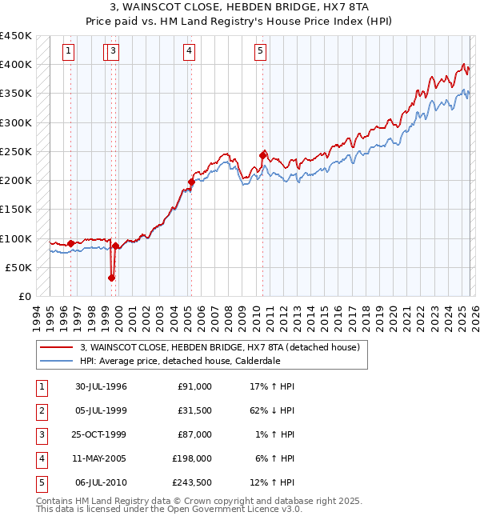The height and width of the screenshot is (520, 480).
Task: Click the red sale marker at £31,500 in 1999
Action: click(x=111, y=278)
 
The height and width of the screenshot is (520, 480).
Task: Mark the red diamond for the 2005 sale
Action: click(x=191, y=182)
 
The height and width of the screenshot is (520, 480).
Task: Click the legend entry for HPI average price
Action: click(x=179, y=361)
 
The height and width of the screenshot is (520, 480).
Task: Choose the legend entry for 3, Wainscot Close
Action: click(x=220, y=347)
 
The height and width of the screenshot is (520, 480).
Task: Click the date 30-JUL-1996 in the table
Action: click(x=101, y=386)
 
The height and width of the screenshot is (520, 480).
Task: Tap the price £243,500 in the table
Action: click(x=191, y=482)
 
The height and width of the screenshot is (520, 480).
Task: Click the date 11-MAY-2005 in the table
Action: click(x=101, y=458)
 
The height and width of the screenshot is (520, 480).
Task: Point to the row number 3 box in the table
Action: click(x=41, y=434)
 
